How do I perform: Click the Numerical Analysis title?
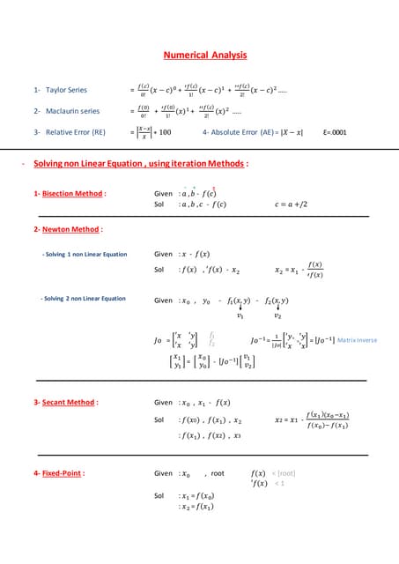(199, 55)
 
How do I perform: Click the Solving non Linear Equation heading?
(141, 164)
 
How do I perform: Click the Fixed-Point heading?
(59, 473)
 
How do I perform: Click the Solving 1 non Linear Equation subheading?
(85, 255)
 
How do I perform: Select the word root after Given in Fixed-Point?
(218, 473)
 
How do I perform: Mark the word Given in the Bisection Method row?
(163, 193)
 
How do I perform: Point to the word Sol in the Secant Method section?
(159, 419)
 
